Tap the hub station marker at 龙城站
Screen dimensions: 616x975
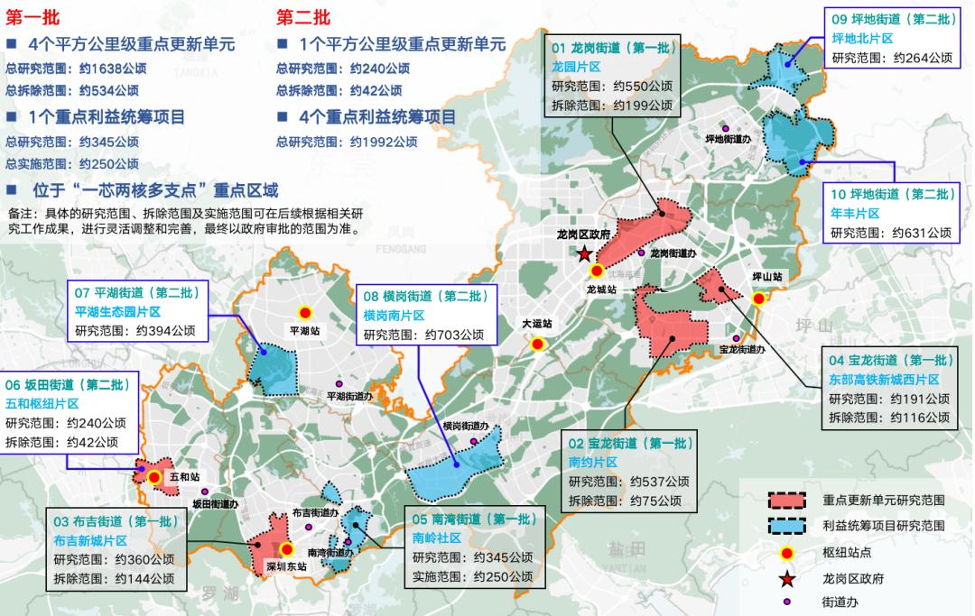[x=597, y=271]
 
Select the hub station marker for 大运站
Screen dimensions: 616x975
[x=538, y=344]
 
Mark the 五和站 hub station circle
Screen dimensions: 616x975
[x=154, y=477]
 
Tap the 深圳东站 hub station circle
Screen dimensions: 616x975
[x=287, y=548]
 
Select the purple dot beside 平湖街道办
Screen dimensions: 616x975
[x=339, y=383]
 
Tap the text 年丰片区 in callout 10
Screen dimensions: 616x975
[x=855, y=214]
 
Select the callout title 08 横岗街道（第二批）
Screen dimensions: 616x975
[x=425, y=296]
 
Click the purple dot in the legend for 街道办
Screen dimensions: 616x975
[x=787, y=600]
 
